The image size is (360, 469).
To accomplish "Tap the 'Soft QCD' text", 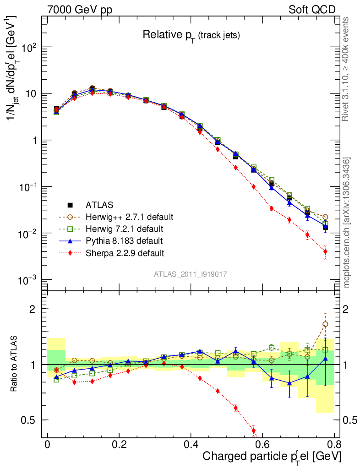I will (312, 10).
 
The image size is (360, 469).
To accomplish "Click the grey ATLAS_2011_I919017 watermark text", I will (191, 274).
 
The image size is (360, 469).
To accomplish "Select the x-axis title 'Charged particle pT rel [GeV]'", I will (272, 457).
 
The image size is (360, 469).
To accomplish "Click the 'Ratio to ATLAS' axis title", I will (15, 364).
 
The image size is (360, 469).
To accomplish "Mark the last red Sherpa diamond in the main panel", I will (325, 251).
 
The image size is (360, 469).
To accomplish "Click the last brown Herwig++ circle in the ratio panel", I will (325, 324).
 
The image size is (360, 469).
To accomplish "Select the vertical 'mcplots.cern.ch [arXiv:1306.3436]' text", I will (347, 223).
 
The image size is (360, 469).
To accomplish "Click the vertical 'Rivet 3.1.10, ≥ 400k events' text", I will (347, 69).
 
